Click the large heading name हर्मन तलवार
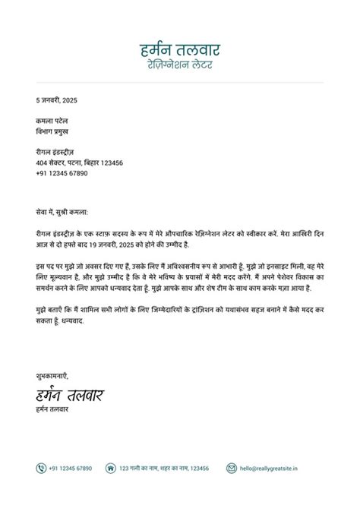180,51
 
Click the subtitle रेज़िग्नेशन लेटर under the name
180,66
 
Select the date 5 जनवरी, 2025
56,100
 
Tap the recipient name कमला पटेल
52,121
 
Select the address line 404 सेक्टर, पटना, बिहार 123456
79,163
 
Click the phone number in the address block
62,173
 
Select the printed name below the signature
52,411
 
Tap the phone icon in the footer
41,469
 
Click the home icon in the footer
110,469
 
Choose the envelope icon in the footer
232,469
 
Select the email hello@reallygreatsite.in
269,469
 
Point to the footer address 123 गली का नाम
163,469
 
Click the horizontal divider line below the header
180,82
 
